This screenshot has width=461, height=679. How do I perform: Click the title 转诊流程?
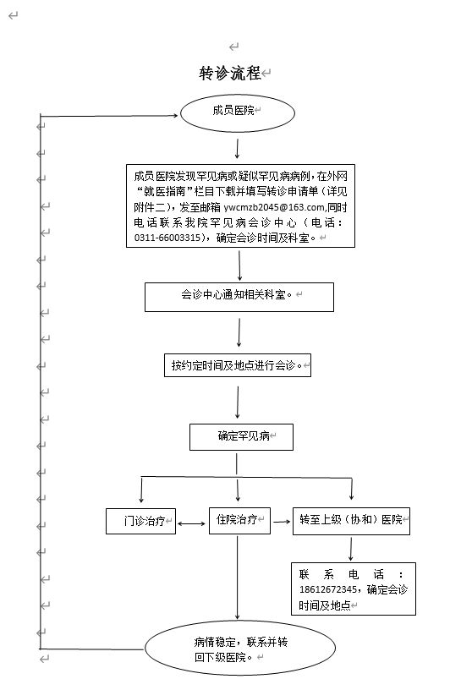coord(230,74)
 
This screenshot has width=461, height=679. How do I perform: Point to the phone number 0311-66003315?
coord(167,238)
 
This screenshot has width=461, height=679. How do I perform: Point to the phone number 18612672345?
coord(328,589)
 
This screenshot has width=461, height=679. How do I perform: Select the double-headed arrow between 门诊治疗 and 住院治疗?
coord(191,524)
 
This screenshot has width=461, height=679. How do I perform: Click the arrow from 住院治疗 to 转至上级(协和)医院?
coord(282,522)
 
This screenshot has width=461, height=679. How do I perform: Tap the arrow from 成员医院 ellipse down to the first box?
coord(237,149)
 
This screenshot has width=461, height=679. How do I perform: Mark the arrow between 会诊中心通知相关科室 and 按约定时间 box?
coord(239,332)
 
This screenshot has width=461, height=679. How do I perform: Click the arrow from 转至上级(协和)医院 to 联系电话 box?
coord(350,549)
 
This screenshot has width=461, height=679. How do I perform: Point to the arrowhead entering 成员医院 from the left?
coord(175,115)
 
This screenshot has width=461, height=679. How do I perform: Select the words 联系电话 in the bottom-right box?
coord(342,575)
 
